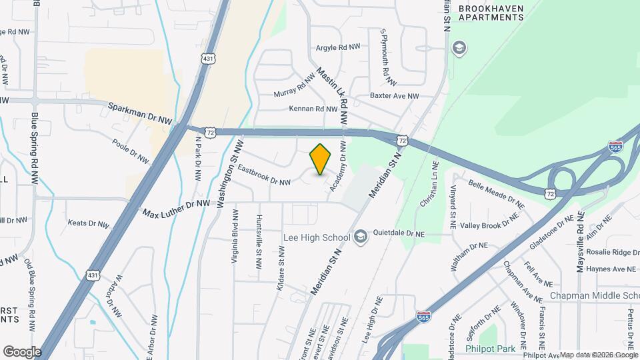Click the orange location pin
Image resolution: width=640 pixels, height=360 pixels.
tap(321, 159)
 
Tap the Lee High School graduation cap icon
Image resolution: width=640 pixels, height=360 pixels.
tap(361, 237)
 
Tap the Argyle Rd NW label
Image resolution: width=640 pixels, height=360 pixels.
tap(337, 47)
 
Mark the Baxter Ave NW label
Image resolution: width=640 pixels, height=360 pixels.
tap(395, 96)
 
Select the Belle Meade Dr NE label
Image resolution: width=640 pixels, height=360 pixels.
tap(493, 190)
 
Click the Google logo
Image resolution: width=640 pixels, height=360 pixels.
tap(22, 351)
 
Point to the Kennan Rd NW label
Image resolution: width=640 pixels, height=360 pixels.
tap(313, 109)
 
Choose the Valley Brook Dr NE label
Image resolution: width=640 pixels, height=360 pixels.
tap(494, 225)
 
